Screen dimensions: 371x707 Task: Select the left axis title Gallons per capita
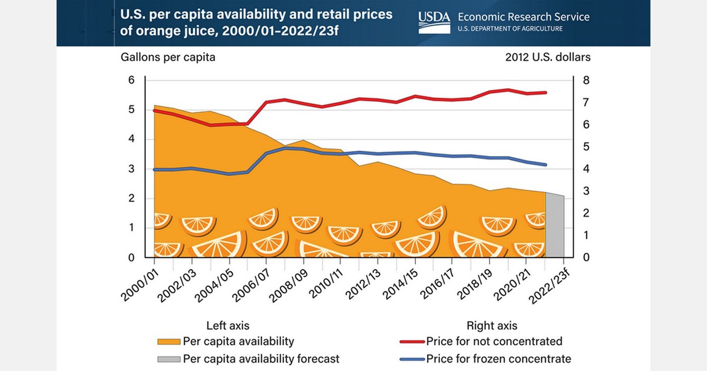pyautogui.click(x=168, y=57)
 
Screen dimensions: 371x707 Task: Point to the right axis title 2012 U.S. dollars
pyautogui.click(x=548, y=57)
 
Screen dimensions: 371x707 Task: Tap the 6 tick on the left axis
pyautogui.click(x=131, y=80)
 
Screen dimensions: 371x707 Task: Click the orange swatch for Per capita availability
pyautogui.click(x=169, y=342)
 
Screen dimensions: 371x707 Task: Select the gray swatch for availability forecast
pyautogui.click(x=169, y=359)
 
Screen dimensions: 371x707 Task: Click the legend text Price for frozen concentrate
pyautogui.click(x=498, y=359)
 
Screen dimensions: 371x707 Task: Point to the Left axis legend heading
pyautogui.click(x=227, y=325)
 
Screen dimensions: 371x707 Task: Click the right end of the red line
pyautogui.click(x=546, y=92)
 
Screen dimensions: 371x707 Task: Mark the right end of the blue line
pyautogui.click(x=546, y=165)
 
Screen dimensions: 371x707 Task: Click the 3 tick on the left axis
pyautogui.click(x=131, y=169)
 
